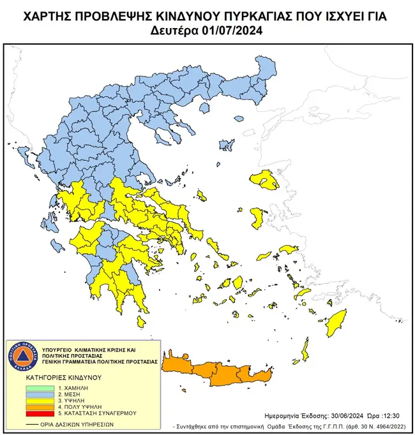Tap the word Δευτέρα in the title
tap(177, 29)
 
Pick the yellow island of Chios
tap(260, 219)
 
